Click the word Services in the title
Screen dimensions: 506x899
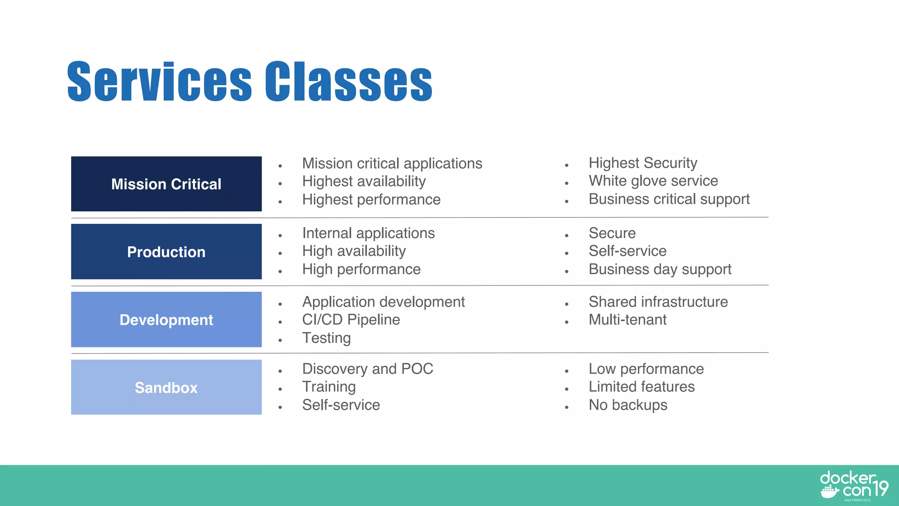159,82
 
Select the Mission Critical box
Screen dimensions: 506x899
166,184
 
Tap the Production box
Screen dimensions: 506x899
166,252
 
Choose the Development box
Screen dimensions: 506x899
166,320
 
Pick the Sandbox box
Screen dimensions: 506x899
166,387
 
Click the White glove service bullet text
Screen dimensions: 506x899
653,181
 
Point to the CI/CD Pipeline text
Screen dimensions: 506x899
351,320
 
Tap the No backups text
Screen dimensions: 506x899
628,405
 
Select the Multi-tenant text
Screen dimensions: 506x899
627,320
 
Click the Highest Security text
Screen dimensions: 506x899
643,163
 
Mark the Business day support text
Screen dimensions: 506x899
660,269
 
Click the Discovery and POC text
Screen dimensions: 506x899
367,369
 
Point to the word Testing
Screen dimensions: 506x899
326,338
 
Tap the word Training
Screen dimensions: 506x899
329,387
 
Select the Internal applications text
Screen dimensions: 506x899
368,233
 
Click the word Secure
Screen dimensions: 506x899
612,233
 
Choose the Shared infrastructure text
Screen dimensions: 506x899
658,302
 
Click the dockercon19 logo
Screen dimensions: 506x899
853,485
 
